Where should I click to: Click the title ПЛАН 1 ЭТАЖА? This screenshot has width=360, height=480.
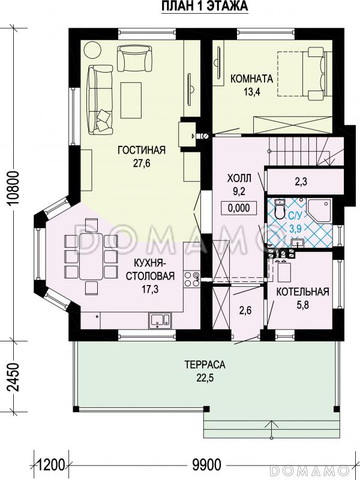(x=205, y=7)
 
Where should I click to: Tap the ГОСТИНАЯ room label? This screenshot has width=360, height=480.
(x=142, y=151)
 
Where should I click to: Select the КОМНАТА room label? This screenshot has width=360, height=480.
(x=251, y=79)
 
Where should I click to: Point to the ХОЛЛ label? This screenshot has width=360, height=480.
(x=239, y=178)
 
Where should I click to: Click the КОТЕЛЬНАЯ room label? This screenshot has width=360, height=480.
(x=303, y=292)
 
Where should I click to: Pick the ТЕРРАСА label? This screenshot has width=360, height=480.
(x=205, y=365)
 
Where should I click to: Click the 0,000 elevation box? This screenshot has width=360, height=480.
(x=239, y=208)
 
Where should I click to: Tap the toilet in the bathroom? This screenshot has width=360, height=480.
(x=280, y=209)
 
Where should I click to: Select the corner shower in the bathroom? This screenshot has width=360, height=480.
(x=319, y=210)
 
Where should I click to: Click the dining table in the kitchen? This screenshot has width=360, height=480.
(x=91, y=256)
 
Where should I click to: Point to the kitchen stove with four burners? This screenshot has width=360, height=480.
(x=191, y=279)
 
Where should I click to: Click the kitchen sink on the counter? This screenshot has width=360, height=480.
(x=160, y=320)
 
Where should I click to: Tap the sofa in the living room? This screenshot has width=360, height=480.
(x=100, y=100)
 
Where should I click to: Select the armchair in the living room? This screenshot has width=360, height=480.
(x=134, y=58)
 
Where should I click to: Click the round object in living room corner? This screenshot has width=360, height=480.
(x=92, y=50)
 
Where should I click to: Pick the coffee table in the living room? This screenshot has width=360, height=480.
(x=131, y=100)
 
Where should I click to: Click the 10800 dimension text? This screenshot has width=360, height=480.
(x=14, y=188)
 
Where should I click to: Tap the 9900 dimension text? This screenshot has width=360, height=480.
(x=206, y=465)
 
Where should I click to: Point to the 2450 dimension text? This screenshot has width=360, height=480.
(x=14, y=377)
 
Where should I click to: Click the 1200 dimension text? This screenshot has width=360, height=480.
(x=50, y=465)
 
